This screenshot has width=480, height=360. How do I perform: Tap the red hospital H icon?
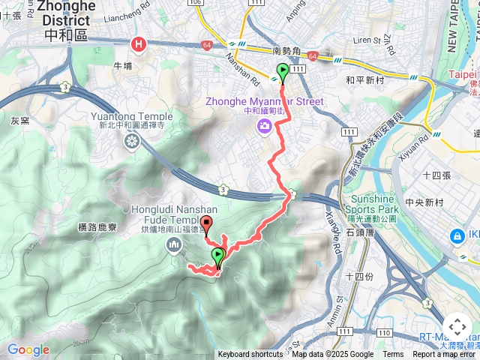click(139, 45)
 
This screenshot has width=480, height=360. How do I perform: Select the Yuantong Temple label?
click(131, 117)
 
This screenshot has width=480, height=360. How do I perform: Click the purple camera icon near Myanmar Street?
click(264, 126)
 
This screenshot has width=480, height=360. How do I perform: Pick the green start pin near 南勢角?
click(283, 72)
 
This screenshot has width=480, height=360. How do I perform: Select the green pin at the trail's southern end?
click(218, 256)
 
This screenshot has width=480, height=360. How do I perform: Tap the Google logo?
click(28, 350)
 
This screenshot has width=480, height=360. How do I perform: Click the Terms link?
click(393, 355)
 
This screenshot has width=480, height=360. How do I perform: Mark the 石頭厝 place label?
click(361, 233)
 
